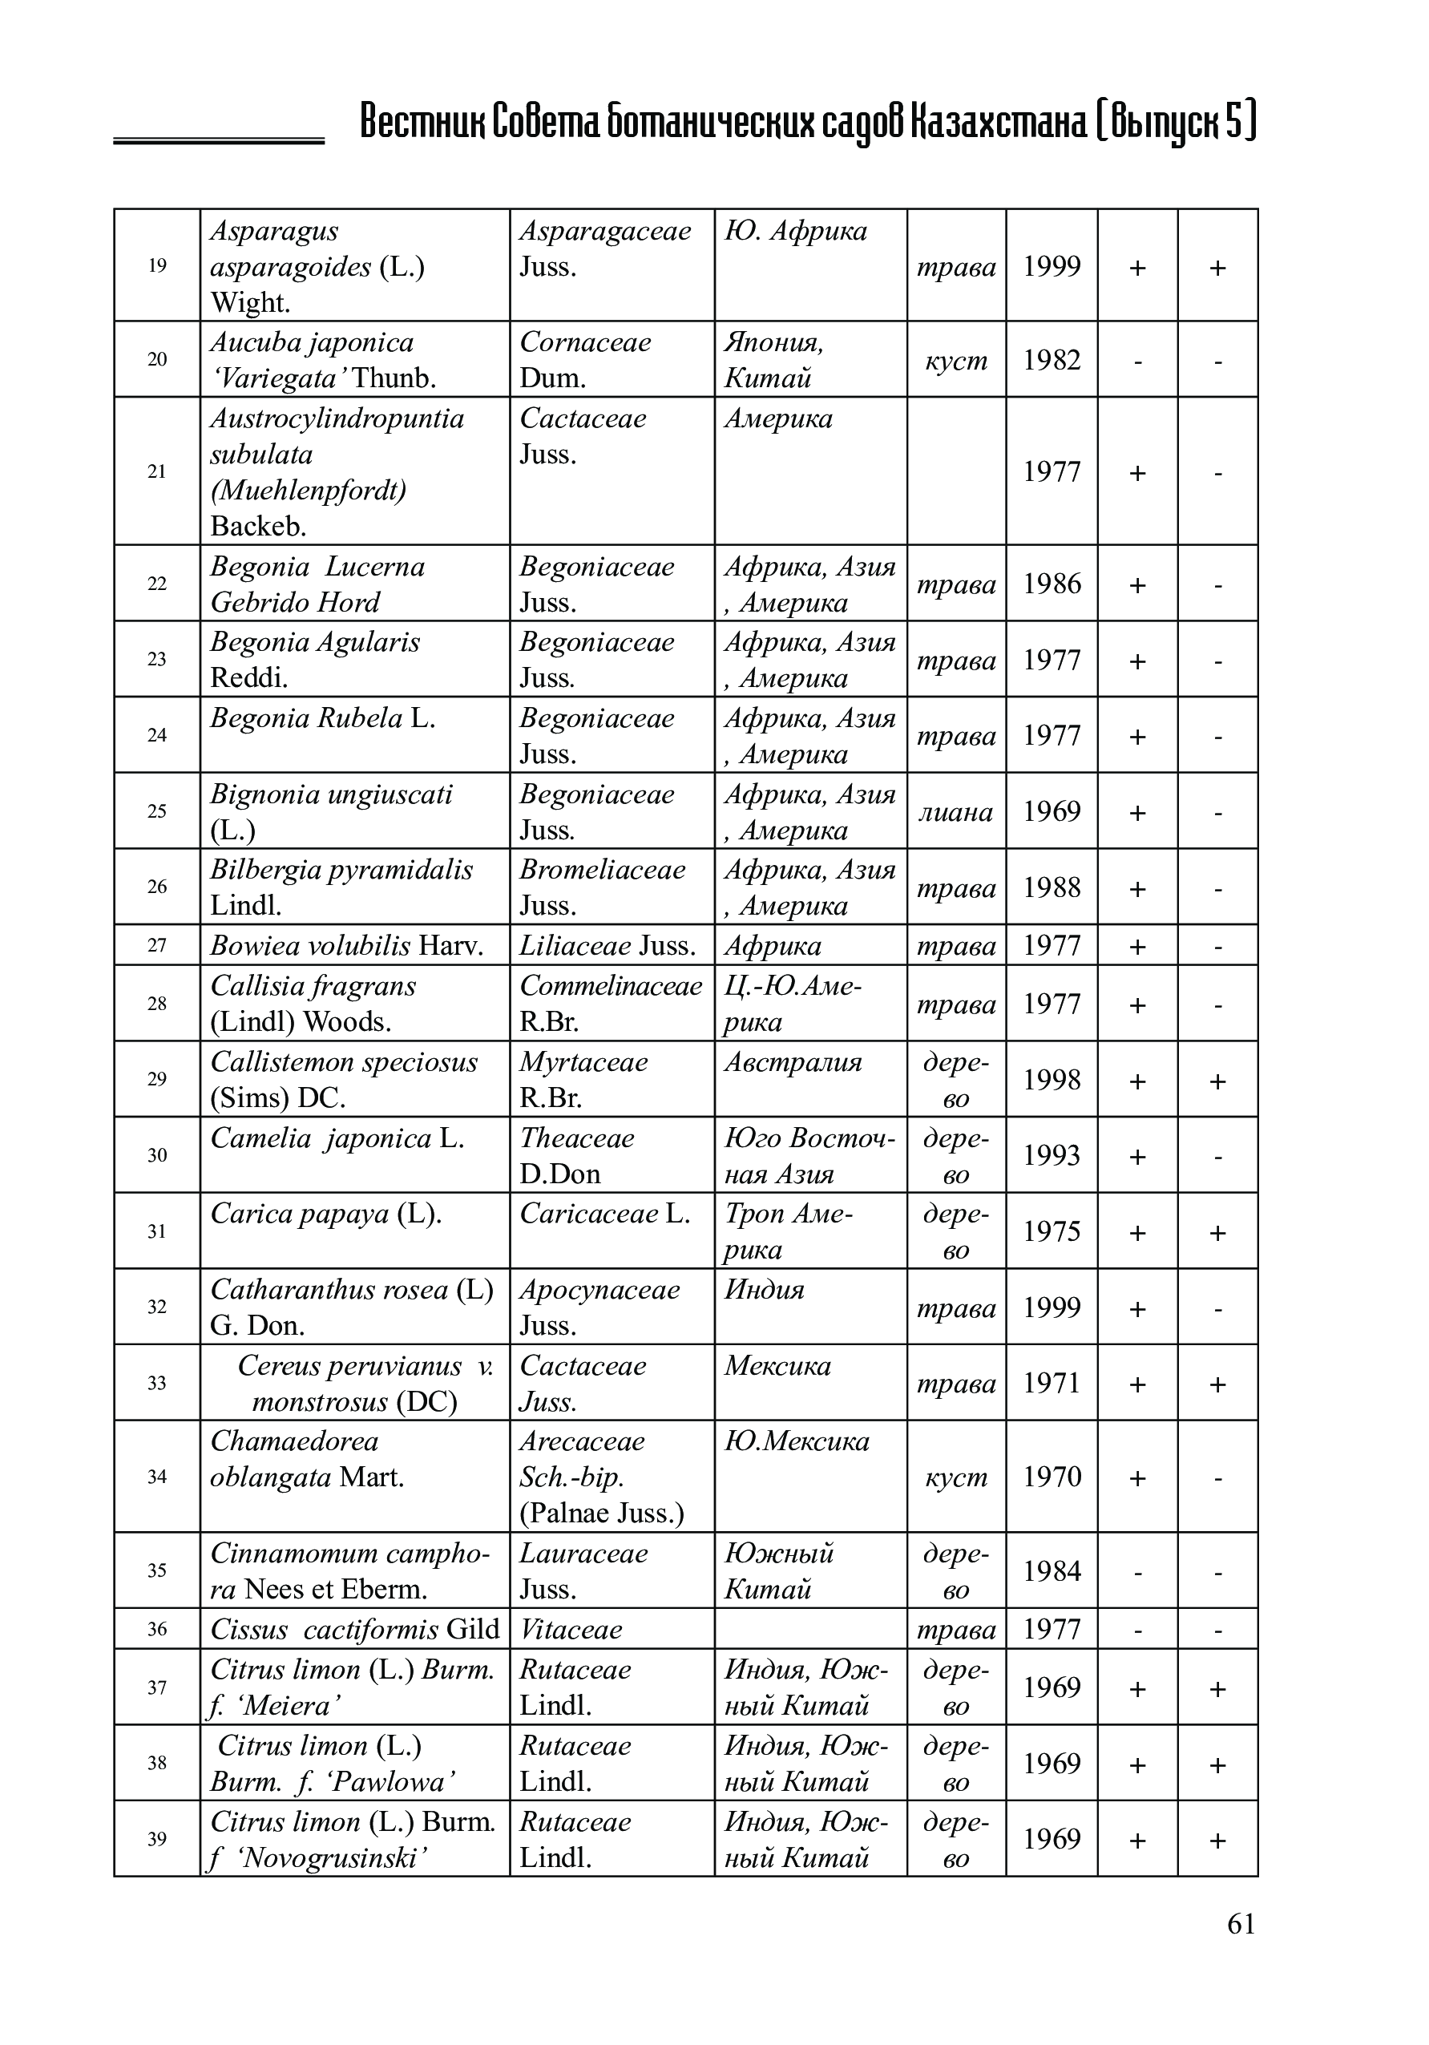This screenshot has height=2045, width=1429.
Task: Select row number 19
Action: point(157,265)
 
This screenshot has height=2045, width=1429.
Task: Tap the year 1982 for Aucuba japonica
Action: point(1051,360)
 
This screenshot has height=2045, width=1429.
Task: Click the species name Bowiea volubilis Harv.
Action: point(346,945)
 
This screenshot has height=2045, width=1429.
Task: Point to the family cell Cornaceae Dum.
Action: point(585,360)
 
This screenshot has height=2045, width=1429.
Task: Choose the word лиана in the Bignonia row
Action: point(955,811)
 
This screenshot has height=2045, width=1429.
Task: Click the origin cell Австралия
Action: point(793,1062)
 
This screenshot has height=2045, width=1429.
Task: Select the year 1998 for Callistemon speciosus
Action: point(1051,1080)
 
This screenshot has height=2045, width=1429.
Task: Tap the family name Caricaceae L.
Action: point(604,1214)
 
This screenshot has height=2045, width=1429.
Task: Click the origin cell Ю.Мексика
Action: point(796,1441)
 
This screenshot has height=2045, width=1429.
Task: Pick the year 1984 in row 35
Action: point(1051,1571)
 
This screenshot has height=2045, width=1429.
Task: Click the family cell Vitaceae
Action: point(571,1630)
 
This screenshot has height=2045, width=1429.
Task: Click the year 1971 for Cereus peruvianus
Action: point(1051,1382)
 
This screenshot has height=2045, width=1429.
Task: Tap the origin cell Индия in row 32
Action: point(764,1290)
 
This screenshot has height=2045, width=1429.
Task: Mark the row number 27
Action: point(157,945)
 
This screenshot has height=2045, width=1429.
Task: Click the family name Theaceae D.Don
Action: point(577,1155)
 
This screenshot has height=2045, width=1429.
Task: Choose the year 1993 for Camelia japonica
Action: point(1051,1155)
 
